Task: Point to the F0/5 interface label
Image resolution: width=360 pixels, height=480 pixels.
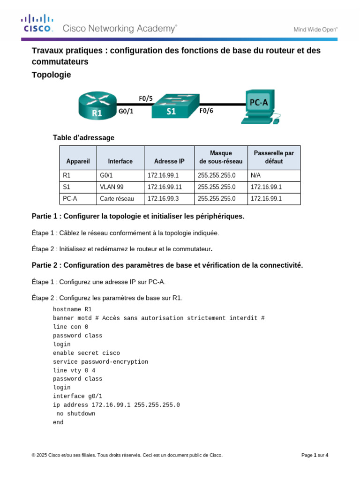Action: pyautogui.click(x=145, y=98)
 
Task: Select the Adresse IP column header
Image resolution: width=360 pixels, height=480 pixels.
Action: pyautogui.click(x=169, y=161)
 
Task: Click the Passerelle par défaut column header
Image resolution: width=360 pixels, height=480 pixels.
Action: pyautogui.click(x=274, y=157)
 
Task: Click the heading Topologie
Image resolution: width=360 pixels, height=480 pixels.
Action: pyautogui.click(x=51, y=75)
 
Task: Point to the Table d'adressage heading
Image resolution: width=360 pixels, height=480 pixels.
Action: pyautogui.click(x=83, y=138)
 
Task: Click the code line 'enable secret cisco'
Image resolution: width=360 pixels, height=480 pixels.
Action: pyautogui.click(x=86, y=353)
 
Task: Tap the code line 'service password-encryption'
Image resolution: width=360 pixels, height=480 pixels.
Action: pyautogui.click(x=100, y=362)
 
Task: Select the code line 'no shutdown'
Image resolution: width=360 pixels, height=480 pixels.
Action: pyautogui.click(x=75, y=413)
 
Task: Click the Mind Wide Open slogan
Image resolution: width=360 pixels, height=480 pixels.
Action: pyautogui.click(x=315, y=29)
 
